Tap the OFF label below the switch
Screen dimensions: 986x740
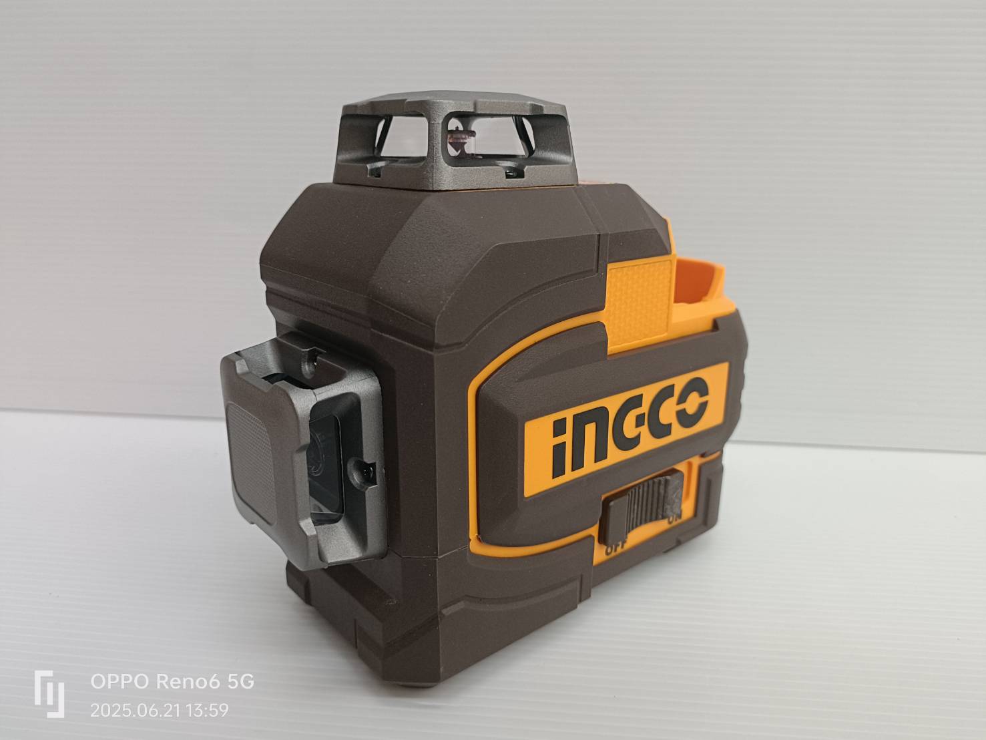point(615,549)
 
